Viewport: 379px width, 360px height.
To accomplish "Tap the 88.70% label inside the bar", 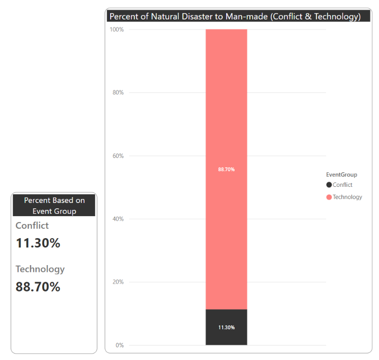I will pyautogui.click(x=226, y=169).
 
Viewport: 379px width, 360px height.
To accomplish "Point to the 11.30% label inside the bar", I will pyautogui.click(x=226, y=327).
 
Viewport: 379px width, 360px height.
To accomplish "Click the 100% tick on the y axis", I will pyautogui.click(x=117, y=29).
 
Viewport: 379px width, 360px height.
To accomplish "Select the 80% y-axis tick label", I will pyautogui.click(x=118, y=92).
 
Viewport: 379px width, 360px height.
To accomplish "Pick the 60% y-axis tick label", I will pyautogui.click(x=118, y=156).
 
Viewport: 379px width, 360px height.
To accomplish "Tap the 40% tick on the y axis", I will pyautogui.click(x=118, y=219).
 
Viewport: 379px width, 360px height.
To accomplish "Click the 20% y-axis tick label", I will pyautogui.click(x=118, y=282).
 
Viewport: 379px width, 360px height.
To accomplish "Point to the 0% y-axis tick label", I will pyautogui.click(x=119, y=345).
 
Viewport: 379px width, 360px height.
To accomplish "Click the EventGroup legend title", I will pyautogui.click(x=341, y=175).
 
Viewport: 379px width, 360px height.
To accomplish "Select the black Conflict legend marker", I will pyautogui.click(x=329, y=185).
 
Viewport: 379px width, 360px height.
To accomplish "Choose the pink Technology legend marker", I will pyautogui.click(x=329, y=197).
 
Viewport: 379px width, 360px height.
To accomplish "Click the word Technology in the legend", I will pyautogui.click(x=348, y=197).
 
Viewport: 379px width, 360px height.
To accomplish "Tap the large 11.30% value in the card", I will pyautogui.click(x=38, y=243).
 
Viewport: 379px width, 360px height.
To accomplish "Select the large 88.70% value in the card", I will pyautogui.click(x=38, y=287).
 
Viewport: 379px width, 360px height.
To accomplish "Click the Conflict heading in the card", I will pyautogui.click(x=32, y=226).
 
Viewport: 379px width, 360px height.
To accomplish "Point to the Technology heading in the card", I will pyautogui.click(x=40, y=269).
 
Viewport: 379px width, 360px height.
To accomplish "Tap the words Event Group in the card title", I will pyautogui.click(x=54, y=211).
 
